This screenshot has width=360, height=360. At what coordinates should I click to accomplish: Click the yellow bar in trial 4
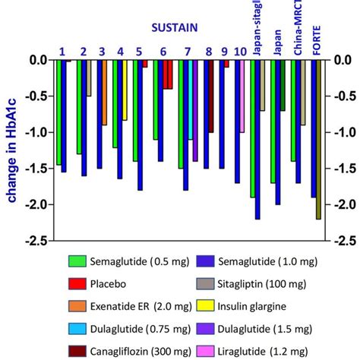[125, 90]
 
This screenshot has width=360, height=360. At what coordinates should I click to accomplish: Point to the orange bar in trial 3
[104, 93]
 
